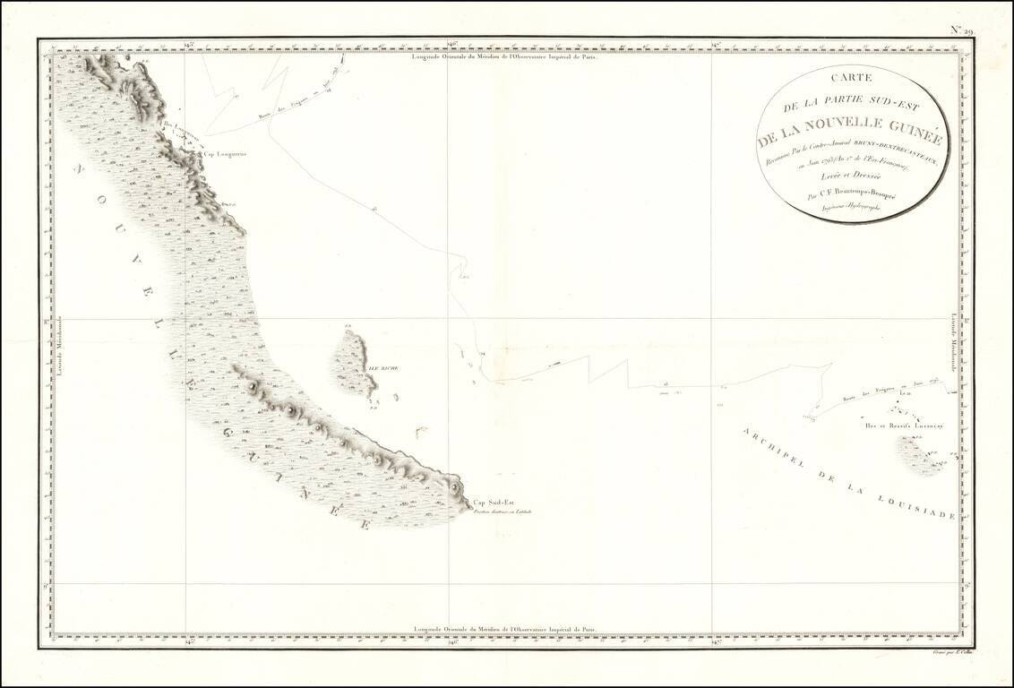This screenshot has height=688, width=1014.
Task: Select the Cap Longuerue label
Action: coord(220,153)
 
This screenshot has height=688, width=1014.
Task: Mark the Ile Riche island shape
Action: coord(354,363)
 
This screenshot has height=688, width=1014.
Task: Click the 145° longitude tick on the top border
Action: coord(187,44)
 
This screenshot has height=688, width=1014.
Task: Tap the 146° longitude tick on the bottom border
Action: coord(451,641)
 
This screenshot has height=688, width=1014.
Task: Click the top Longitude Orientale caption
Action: coord(503,56)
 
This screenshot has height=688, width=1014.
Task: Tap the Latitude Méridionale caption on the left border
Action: coord(60,348)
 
